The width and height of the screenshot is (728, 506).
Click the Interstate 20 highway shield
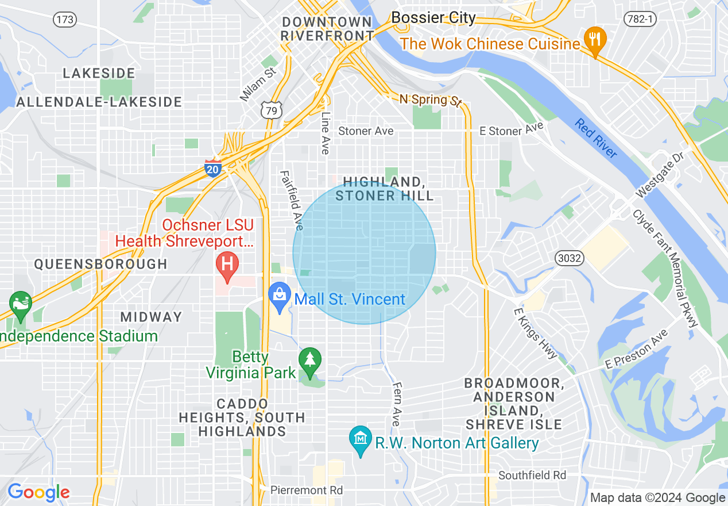pyautogui.click(x=212, y=167)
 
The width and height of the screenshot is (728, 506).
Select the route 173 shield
pyautogui.click(x=65, y=20)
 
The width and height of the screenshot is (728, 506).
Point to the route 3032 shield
pyautogui.click(x=569, y=258)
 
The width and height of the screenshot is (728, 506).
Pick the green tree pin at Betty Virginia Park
pyautogui.click(x=310, y=362)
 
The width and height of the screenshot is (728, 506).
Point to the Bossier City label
pyautogui.click(x=433, y=18)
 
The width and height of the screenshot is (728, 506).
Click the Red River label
pyautogui.click(x=597, y=138)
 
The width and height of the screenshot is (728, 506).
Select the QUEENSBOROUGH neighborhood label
pyautogui.click(x=100, y=264)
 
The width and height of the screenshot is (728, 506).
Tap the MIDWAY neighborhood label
pyautogui.click(x=151, y=317)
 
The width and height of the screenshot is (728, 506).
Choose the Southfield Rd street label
pyautogui.click(x=532, y=475)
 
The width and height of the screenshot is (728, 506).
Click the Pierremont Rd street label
pyautogui.click(x=307, y=490)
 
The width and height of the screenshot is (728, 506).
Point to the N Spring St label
pyautogui.click(x=430, y=100)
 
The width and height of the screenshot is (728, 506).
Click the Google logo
pyautogui.click(x=38, y=492)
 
